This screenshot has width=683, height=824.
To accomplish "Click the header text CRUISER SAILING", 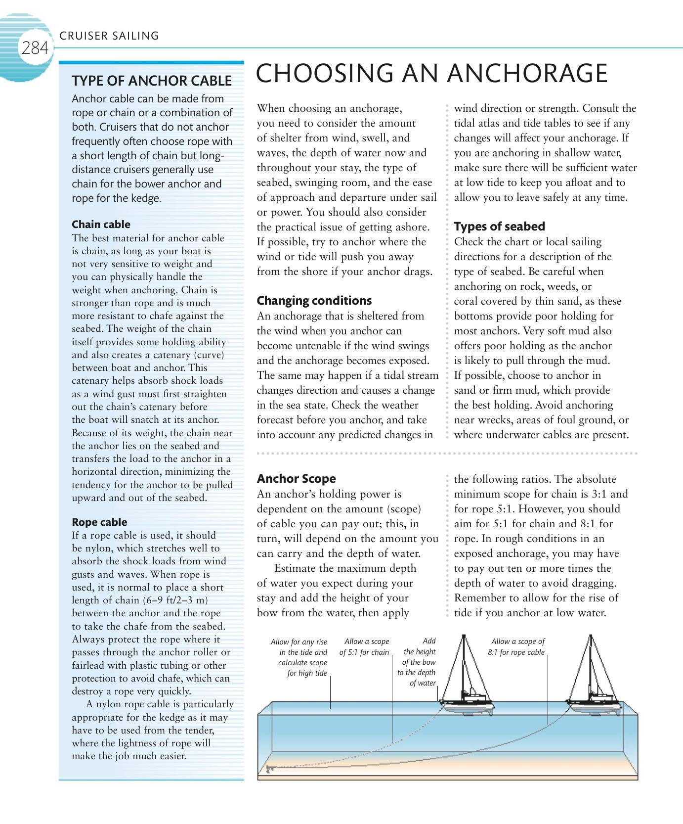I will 109,36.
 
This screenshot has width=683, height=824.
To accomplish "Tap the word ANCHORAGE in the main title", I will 527,74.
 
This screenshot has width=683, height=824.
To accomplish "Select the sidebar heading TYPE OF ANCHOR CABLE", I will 152,81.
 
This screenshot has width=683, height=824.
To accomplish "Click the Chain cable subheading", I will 101,225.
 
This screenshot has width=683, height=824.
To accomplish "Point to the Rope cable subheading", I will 99,522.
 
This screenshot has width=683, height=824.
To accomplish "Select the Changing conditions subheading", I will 314,301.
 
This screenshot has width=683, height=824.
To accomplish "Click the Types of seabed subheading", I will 499,227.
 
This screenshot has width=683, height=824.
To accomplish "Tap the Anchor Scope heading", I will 296,479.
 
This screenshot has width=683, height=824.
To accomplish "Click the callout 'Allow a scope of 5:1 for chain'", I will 364,647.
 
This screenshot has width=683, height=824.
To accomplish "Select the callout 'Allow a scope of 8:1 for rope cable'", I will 516,647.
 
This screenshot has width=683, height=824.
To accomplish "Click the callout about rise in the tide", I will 299,657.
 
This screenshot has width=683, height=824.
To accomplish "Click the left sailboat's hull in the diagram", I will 467,705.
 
